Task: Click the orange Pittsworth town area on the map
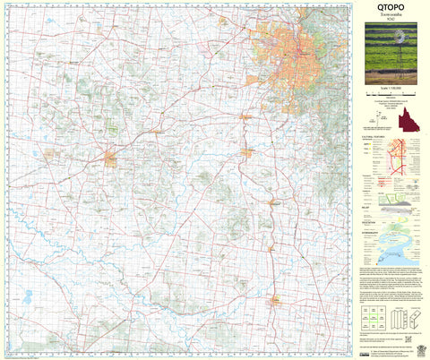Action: click(x=112, y=160)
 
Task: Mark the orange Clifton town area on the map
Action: click(x=277, y=298)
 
